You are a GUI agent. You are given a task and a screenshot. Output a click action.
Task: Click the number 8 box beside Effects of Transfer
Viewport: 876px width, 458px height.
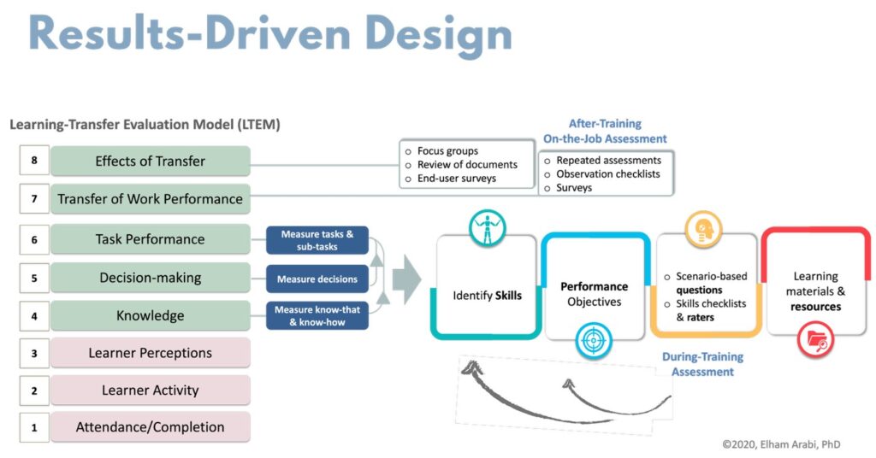(34, 161)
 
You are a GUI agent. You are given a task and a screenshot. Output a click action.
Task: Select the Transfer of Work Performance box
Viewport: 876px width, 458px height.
(151, 199)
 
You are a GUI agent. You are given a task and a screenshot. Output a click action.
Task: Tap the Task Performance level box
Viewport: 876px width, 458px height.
(151, 239)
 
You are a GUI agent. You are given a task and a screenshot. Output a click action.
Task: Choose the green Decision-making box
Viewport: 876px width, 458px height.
(151, 277)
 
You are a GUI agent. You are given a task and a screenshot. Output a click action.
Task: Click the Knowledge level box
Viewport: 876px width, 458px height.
(151, 315)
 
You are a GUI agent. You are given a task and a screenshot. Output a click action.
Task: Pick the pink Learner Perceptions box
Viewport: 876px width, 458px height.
(151, 353)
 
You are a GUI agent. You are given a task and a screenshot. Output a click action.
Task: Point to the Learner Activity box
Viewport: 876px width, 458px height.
(151, 390)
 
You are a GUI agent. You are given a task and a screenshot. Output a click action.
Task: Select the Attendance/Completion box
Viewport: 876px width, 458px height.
(151, 427)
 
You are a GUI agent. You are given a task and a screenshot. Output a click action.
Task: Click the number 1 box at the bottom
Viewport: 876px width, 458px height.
(34, 427)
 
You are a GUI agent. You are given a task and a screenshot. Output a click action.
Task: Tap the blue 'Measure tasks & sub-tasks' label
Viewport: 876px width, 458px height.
(317, 240)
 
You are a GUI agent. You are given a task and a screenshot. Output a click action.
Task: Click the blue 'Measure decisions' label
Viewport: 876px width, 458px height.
(317, 278)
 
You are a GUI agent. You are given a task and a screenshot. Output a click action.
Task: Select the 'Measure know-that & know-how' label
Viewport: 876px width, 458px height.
(317, 315)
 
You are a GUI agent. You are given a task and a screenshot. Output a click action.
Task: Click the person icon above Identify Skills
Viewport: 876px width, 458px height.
(488, 228)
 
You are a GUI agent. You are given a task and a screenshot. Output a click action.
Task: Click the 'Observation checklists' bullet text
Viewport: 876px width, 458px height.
(608, 173)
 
